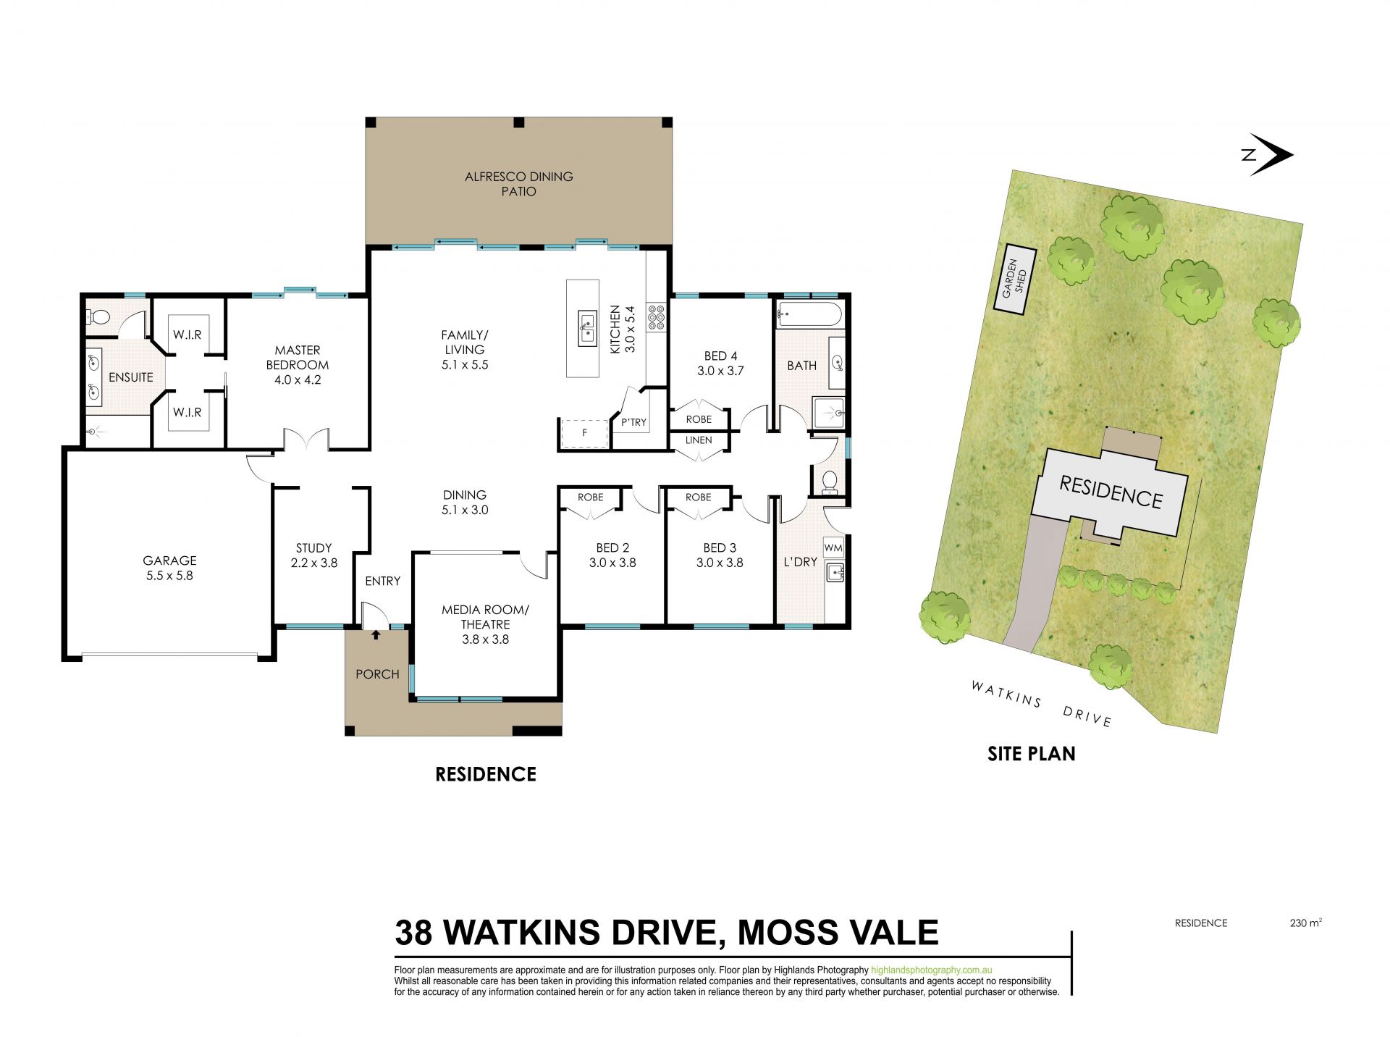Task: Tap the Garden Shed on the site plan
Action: (1014, 281)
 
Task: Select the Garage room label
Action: (169, 568)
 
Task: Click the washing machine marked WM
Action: (833, 548)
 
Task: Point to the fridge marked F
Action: (584, 433)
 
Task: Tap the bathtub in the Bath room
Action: (809, 316)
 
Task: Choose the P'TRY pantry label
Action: (633, 422)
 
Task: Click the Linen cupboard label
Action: (699, 440)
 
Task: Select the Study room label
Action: (313, 555)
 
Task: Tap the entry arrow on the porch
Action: (376, 635)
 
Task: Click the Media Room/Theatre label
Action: (486, 624)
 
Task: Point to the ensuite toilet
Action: (96, 316)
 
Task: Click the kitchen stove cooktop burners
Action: (657, 318)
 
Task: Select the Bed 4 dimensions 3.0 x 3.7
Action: (720, 370)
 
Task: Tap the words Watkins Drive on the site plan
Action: (1040, 702)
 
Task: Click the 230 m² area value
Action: (1306, 923)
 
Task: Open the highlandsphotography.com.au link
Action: (931, 970)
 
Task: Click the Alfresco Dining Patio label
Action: (519, 184)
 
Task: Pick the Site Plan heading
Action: (1032, 754)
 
